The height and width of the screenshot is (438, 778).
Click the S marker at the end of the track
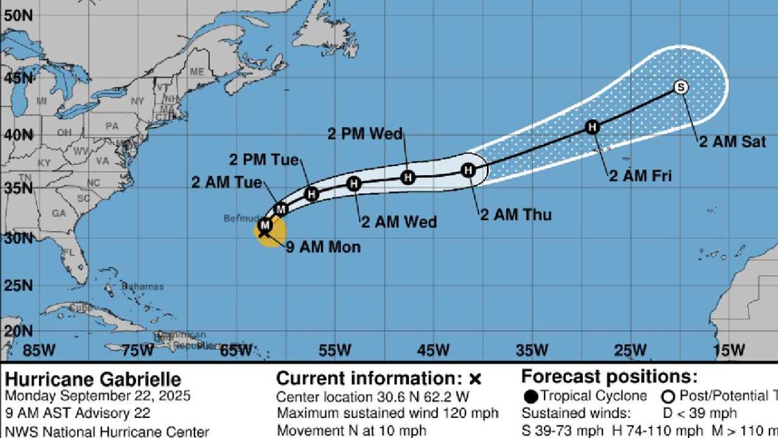[x=680, y=87]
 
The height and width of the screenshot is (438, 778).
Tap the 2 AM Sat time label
[x=732, y=142]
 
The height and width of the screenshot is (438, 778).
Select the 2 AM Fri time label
[x=640, y=175]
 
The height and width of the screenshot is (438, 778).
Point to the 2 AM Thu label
[x=515, y=214]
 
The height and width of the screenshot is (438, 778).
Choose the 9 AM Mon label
[x=324, y=247]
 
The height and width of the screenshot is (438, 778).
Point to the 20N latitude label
[x=18, y=331]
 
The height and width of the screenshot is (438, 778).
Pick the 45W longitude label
[x=433, y=350]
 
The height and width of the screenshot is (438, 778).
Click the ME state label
[x=196, y=71]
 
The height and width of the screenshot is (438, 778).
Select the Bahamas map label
[x=142, y=287]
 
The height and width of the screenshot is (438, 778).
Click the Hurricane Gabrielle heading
[x=93, y=380]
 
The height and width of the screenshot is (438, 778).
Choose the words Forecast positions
[x=609, y=377]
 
